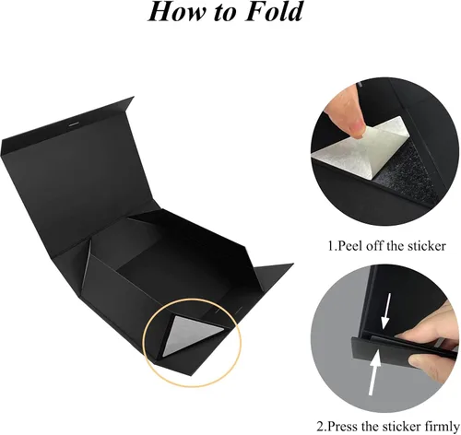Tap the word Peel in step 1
pyautogui.click(x=349, y=246)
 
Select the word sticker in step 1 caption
pyautogui.click(x=426, y=246)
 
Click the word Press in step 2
pyautogui.click(x=344, y=427)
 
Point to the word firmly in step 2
pyautogui.click(x=442, y=427)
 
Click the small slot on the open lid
pyautogui.click(x=74, y=124)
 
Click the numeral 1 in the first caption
pyautogui.click(x=330, y=246)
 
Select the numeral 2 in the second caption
pyautogui.click(x=320, y=427)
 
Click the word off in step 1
pyautogui.click(x=372, y=246)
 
